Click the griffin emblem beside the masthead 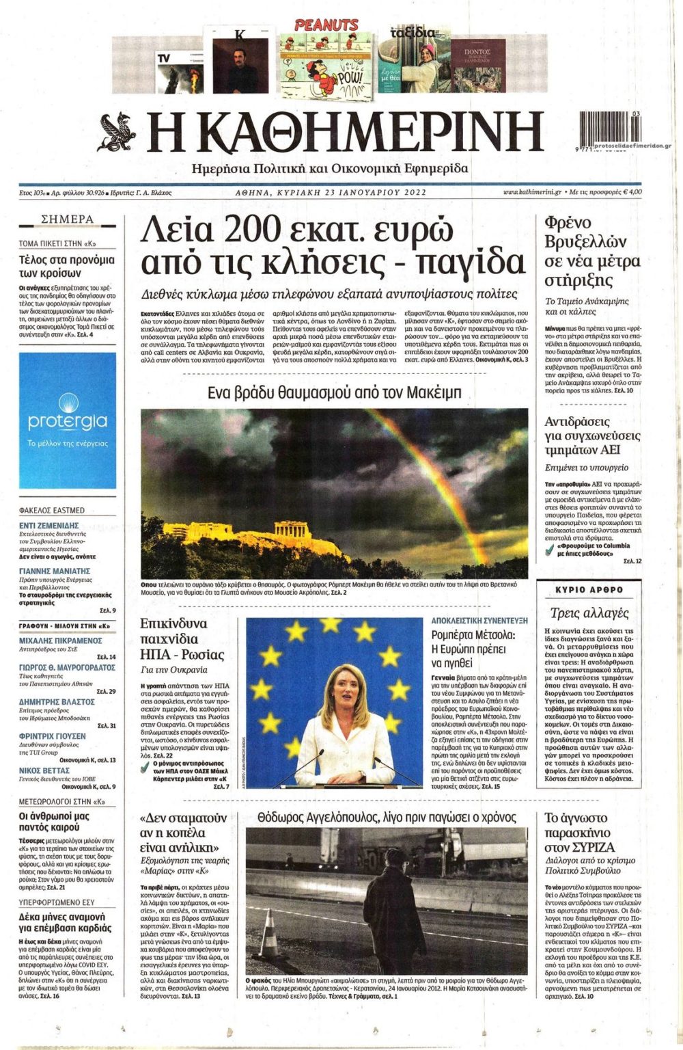(x=117, y=132)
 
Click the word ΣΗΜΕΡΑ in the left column (x=68, y=219)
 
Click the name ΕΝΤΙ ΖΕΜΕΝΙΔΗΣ (x=49, y=525)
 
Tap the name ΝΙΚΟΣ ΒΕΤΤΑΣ (x=44, y=770)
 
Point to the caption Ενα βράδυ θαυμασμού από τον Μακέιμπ (x=335, y=392)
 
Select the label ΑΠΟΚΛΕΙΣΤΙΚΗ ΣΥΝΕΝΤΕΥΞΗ (x=479, y=621)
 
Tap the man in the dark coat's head (x=394, y=857)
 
